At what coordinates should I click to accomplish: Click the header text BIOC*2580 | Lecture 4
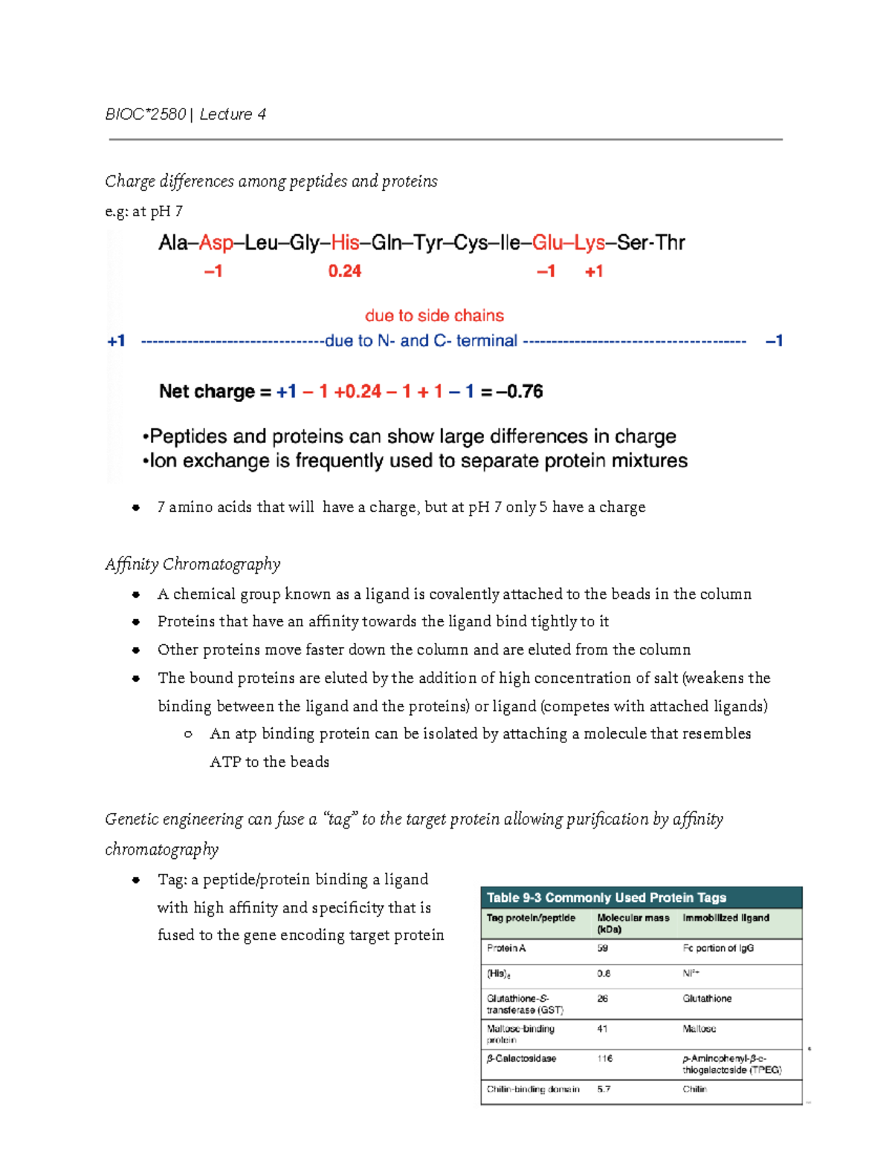(185, 114)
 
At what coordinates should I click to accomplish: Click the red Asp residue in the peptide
(216, 243)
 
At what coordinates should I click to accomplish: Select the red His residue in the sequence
(345, 243)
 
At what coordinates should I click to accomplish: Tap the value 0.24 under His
(344, 271)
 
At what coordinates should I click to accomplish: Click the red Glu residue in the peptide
(547, 243)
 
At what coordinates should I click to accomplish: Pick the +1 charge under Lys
(594, 271)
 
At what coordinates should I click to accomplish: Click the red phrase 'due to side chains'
(434, 316)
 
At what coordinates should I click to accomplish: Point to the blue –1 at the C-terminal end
(774, 341)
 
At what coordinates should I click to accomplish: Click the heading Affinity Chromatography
(193, 565)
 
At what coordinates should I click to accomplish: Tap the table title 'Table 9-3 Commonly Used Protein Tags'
(606, 898)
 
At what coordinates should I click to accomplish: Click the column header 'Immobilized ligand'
(725, 918)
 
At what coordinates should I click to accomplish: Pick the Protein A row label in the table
(506, 948)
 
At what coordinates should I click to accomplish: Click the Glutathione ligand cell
(707, 999)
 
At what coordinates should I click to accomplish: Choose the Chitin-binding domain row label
(533, 1089)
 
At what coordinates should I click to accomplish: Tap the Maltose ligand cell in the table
(699, 1029)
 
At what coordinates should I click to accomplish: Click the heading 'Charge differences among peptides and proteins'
(271, 182)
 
